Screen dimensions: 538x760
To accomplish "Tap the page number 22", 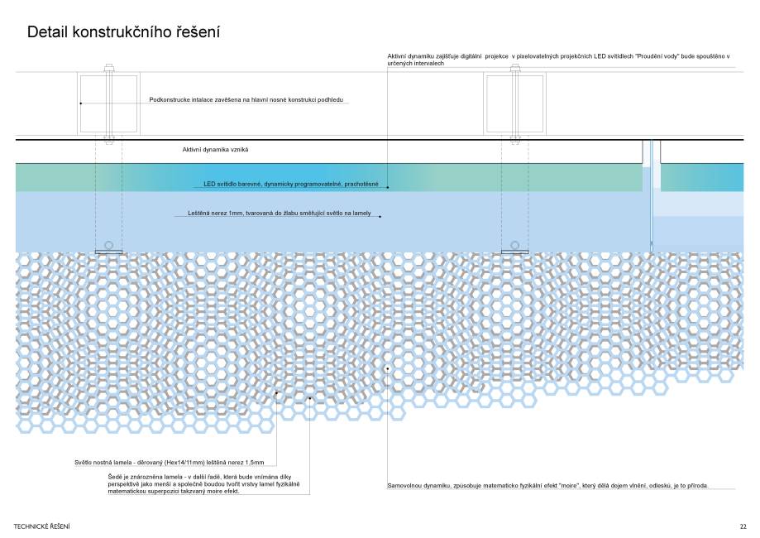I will pyautogui.click(x=743, y=526).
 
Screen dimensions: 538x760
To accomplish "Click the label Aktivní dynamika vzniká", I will pyautogui.click(x=215, y=150).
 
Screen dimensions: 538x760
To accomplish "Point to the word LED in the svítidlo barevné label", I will pyautogui.click(x=209, y=184).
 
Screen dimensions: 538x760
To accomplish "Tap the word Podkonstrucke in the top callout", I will pyautogui.click(x=169, y=100).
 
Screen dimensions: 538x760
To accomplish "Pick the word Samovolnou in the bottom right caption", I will pyautogui.click(x=404, y=485).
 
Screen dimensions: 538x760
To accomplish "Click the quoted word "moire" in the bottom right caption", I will pyautogui.click(x=572, y=485).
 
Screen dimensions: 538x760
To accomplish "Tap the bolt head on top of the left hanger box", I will pyautogui.click(x=108, y=66).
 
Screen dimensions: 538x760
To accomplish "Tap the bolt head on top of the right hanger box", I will pyautogui.click(x=514, y=66).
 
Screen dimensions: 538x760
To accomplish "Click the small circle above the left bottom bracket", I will pyautogui.click(x=108, y=245).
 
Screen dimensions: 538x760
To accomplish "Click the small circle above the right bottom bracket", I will pyautogui.click(x=514, y=245).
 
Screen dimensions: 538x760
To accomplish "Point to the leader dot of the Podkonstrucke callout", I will pyautogui.click(x=81, y=103).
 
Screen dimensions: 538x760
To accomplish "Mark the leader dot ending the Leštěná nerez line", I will pyautogui.click(x=380, y=217).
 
